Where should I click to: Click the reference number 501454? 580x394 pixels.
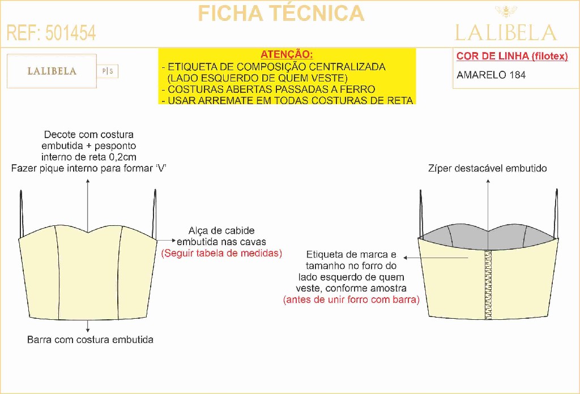point(71,33)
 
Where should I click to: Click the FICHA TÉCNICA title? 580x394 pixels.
point(281,14)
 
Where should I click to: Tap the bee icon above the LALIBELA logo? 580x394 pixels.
point(506,12)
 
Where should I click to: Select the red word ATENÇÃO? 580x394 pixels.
point(287,54)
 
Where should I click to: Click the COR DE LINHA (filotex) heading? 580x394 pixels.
point(512,56)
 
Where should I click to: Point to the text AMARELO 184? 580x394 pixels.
point(491,75)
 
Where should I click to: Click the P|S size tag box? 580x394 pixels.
point(108,71)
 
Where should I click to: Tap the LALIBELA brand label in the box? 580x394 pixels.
point(52,71)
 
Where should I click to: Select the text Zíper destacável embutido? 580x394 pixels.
point(488,169)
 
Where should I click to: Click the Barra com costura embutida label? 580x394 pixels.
point(90,340)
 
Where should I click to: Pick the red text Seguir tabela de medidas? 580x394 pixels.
point(221,253)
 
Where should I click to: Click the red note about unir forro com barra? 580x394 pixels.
point(351,299)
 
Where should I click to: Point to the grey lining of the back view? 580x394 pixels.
point(488,237)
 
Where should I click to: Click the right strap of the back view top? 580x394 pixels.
point(556,213)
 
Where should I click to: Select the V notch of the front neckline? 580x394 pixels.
point(88,234)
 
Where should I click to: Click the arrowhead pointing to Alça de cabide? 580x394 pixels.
point(174,240)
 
